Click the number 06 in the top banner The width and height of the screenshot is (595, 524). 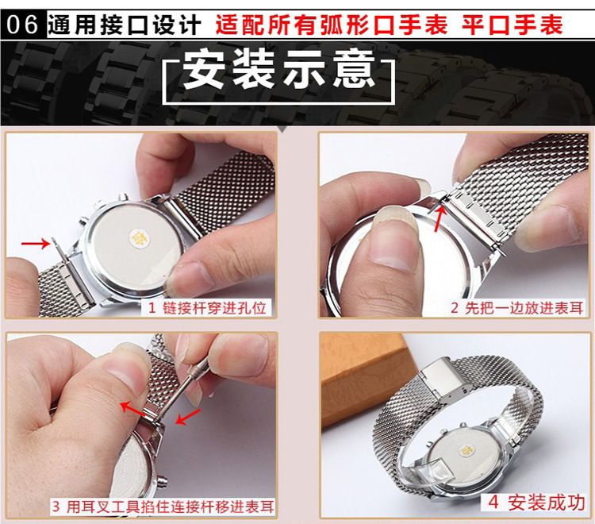click(22, 25)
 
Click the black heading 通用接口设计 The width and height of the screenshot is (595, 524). click(124, 25)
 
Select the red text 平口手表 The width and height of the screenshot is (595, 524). click(512, 25)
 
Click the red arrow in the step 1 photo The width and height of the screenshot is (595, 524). click(35, 244)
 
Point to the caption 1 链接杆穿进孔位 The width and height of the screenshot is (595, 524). click(207, 307)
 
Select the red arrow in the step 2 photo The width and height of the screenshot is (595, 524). click(438, 218)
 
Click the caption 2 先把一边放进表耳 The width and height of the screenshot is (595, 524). click(517, 307)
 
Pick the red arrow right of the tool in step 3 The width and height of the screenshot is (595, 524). click(188, 417)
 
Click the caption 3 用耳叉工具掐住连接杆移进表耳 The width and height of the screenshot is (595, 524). click(163, 507)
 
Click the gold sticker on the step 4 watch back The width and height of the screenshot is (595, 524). click(465, 451)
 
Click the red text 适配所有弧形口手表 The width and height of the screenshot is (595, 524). click(332, 25)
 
